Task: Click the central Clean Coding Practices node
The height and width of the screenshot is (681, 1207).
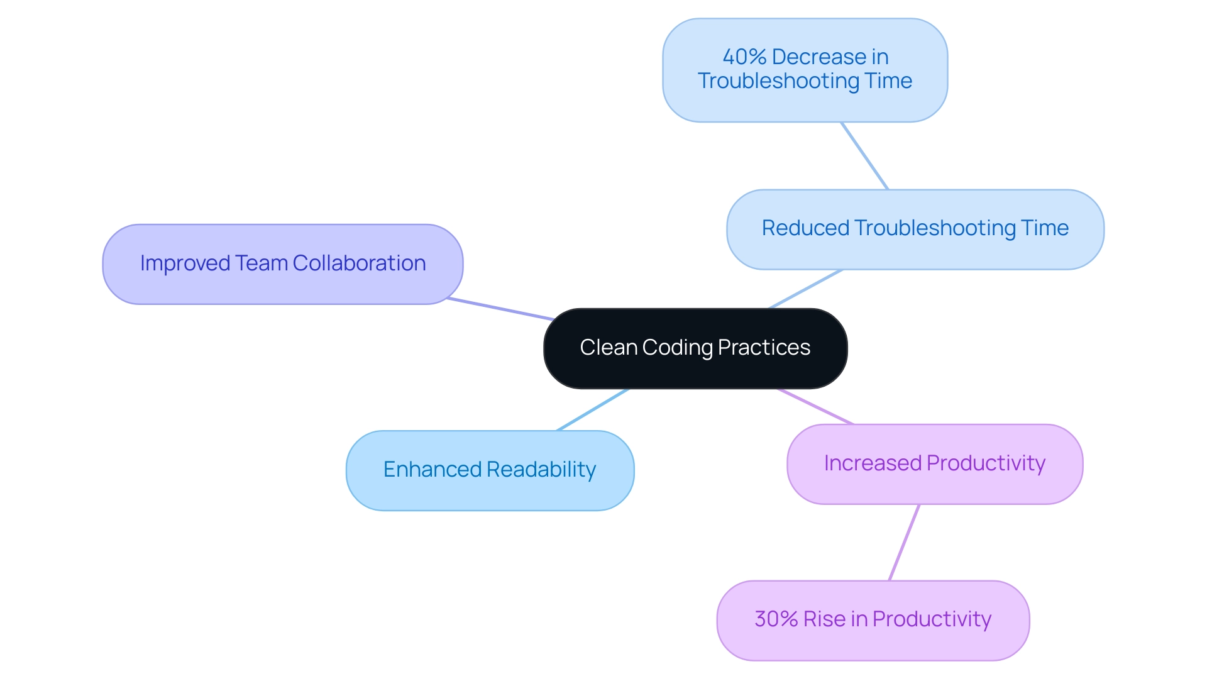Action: pyautogui.click(x=695, y=348)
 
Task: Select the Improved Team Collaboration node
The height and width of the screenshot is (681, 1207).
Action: pyautogui.click(x=283, y=264)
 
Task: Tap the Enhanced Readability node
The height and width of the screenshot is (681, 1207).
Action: pyautogui.click(x=490, y=470)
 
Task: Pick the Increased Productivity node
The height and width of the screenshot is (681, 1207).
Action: pyautogui.click(x=934, y=464)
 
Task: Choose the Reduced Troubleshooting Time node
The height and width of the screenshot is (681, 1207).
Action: pyautogui.click(x=915, y=229)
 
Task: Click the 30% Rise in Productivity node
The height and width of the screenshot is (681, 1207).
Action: pyautogui.click(x=873, y=620)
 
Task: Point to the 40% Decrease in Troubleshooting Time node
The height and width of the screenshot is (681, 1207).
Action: pyautogui.click(x=805, y=70)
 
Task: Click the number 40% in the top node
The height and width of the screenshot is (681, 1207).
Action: pyautogui.click(x=744, y=57)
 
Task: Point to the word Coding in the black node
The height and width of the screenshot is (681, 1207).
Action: pyautogui.click(x=677, y=348)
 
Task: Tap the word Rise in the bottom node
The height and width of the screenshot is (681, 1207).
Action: pyautogui.click(x=824, y=619)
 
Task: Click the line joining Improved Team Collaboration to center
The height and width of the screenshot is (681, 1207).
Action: pyautogui.click(x=500, y=309)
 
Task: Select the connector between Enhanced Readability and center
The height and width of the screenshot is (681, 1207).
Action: pyautogui.click(x=592, y=410)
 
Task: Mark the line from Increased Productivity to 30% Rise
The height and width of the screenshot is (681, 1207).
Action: pyautogui.click(x=904, y=543)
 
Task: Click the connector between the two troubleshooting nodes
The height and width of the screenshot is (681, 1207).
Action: pyautogui.click(x=864, y=156)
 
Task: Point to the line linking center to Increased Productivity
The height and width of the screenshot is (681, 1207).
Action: pyautogui.click(x=815, y=407)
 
